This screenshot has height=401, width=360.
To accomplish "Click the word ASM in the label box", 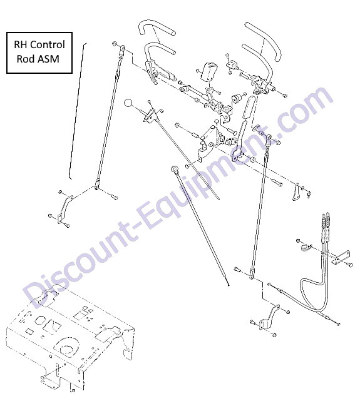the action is point(49,59).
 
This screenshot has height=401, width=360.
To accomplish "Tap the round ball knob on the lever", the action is point(128,103).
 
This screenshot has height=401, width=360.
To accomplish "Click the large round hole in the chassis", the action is point(67,348).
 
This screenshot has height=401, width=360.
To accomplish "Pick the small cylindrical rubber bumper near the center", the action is point(237,99).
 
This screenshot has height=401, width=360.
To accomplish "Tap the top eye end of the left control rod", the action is point(123,49).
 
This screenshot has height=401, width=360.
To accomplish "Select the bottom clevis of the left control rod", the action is point(98,184).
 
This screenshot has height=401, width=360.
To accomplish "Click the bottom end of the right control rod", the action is point(252,273).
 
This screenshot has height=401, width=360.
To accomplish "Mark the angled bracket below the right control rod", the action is point(269,318).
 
